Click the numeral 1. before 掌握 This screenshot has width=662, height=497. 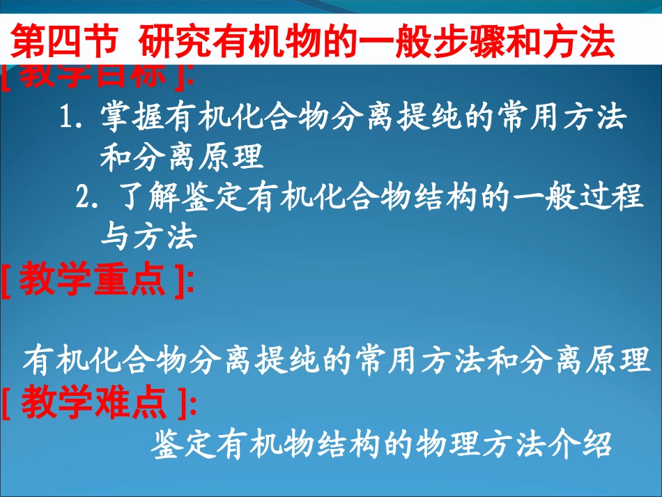click(72, 118)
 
